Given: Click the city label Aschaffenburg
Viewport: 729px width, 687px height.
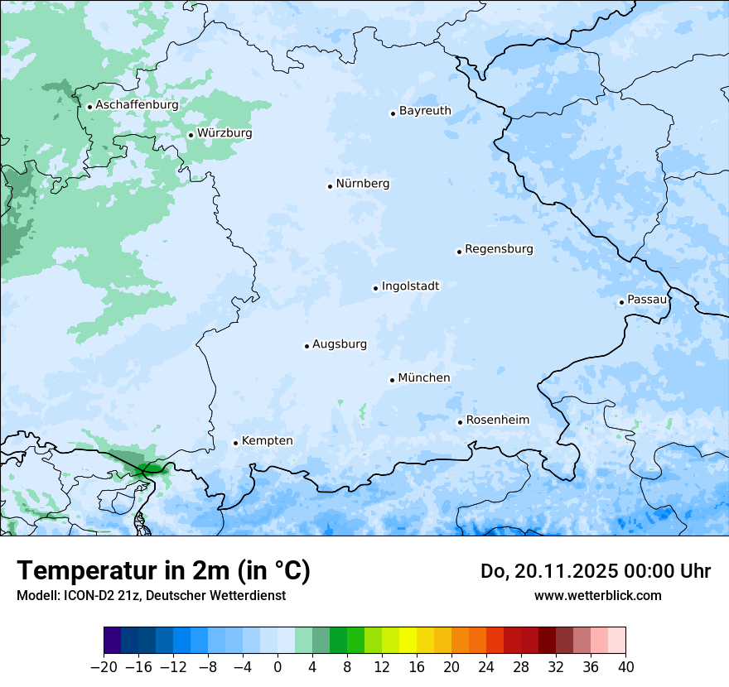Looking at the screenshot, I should pyautogui.click(x=137, y=105).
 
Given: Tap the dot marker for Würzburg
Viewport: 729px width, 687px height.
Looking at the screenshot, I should pyautogui.click(x=191, y=135).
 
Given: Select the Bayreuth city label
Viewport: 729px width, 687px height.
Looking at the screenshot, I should pyautogui.click(x=425, y=111).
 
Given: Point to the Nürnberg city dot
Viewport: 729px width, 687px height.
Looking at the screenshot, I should pyautogui.click(x=330, y=186).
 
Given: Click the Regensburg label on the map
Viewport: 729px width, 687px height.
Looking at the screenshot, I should pyautogui.click(x=499, y=249).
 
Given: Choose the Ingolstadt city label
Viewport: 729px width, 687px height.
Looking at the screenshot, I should pyautogui.click(x=410, y=286).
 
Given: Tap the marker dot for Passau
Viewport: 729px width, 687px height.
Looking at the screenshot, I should pyautogui.click(x=621, y=302).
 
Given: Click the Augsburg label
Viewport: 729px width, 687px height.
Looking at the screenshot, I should pyautogui.click(x=340, y=344).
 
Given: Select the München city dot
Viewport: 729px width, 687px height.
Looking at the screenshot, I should pyautogui.click(x=392, y=380).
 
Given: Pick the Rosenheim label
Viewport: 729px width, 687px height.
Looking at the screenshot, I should pyautogui.click(x=497, y=420).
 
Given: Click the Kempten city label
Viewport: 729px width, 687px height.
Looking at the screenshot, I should pyautogui.click(x=267, y=441).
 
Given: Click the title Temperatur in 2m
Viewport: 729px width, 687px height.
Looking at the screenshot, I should pyautogui.click(x=163, y=571).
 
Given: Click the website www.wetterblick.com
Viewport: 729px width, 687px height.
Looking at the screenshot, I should pyautogui.click(x=597, y=596).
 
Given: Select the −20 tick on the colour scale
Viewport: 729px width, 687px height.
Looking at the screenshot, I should pyautogui.click(x=104, y=667).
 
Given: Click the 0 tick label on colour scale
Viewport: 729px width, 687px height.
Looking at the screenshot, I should pyautogui.click(x=278, y=667).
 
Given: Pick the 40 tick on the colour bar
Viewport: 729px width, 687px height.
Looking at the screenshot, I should pyautogui.click(x=625, y=667).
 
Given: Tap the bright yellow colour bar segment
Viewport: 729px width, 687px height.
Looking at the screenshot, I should pyautogui.click(x=408, y=641).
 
